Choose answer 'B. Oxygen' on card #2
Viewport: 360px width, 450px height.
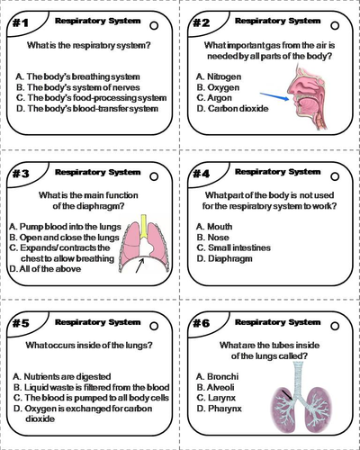[216, 87]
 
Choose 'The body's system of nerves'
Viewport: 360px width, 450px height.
[75, 87]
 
